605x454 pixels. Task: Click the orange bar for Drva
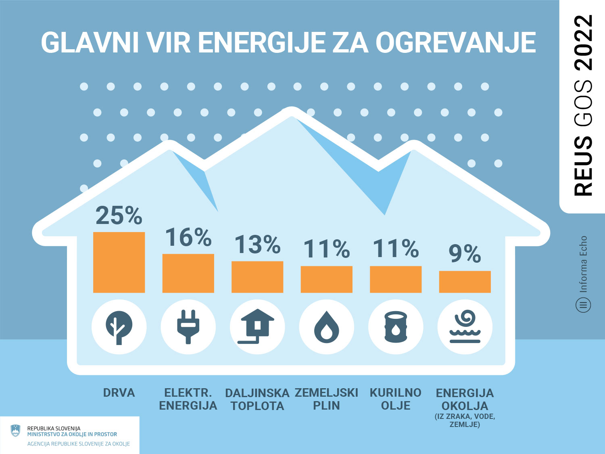coord(119,262)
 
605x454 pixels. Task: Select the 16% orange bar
coord(188,273)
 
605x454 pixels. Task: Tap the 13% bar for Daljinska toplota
coord(257,277)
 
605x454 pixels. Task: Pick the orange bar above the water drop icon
coord(327,279)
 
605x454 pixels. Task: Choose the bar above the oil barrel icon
coord(396,279)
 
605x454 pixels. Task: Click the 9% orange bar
coord(465,282)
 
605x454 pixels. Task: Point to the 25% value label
coord(119,215)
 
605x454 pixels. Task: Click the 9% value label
coord(465,254)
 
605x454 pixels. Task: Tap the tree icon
coord(119,327)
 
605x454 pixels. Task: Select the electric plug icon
coord(188,327)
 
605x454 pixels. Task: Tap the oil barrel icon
coord(396,327)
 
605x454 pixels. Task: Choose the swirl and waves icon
coord(465,327)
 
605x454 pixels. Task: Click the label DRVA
coord(119,393)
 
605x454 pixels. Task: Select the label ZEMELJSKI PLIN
coord(326,399)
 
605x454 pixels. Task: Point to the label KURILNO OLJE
coord(396,399)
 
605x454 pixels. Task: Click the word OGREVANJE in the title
coord(456,42)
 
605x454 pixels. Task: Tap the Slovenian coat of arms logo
coord(15,431)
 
